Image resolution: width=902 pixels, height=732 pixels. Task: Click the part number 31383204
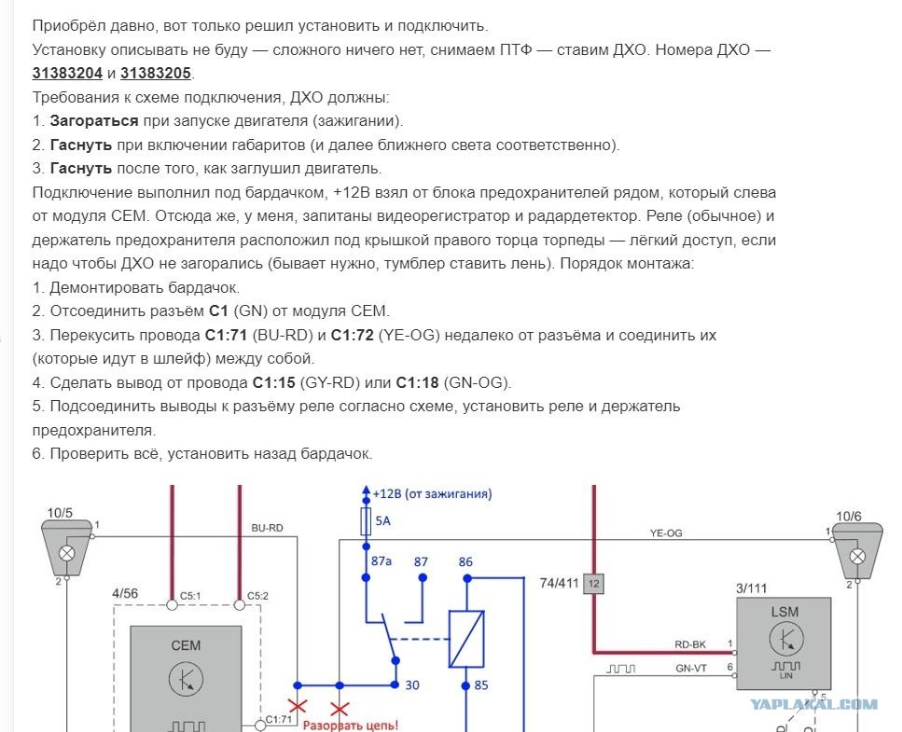coord(67,74)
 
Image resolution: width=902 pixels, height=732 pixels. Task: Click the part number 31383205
coord(156,74)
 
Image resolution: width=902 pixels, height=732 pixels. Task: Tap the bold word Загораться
coord(94,121)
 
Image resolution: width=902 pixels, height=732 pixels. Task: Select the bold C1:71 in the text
coord(226,336)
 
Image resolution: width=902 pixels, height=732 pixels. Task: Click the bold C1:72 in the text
coord(352,336)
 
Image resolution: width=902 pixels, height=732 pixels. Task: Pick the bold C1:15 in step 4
coord(274,383)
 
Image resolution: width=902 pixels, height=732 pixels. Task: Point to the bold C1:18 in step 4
coord(418,383)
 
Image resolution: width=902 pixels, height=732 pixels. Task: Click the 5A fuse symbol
coord(366,521)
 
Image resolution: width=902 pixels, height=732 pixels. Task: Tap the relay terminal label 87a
coord(382,561)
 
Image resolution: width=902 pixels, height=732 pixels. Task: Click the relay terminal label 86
coord(465,561)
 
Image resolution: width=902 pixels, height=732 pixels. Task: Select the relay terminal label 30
coord(412,685)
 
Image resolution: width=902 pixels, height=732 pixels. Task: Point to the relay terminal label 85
coord(481,685)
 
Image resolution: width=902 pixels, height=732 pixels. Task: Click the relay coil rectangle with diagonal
coord(466,639)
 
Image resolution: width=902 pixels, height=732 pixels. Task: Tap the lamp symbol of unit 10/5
coord(67,554)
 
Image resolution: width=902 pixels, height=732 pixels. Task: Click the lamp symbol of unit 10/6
coord(858,557)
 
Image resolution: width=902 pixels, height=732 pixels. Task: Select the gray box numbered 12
coord(593,584)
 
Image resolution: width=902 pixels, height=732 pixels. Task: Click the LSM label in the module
coord(784,612)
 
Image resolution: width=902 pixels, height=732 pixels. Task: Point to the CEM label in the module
coord(186,646)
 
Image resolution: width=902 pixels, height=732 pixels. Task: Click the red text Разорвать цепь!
coord(351,725)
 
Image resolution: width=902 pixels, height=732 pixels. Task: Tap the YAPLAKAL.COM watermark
coord(814,704)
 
